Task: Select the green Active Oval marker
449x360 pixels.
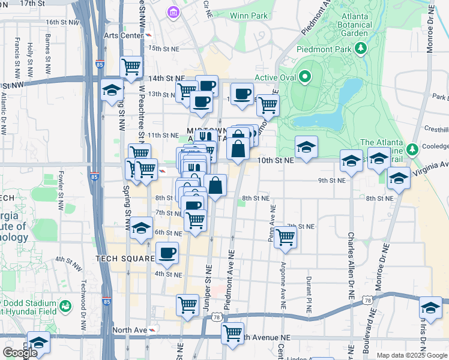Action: click(305, 77)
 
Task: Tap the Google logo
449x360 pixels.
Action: click(20, 353)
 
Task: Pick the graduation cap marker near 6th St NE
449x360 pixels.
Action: click(142, 229)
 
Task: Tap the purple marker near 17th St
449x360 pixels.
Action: click(173, 12)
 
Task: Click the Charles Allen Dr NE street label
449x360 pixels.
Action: click(350, 265)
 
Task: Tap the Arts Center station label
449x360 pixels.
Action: click(123, 35)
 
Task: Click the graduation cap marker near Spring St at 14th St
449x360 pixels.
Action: click(112, 90)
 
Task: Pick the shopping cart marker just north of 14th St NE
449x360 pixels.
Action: click(131, 66)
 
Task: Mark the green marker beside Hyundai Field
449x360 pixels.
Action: click(66, 307)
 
